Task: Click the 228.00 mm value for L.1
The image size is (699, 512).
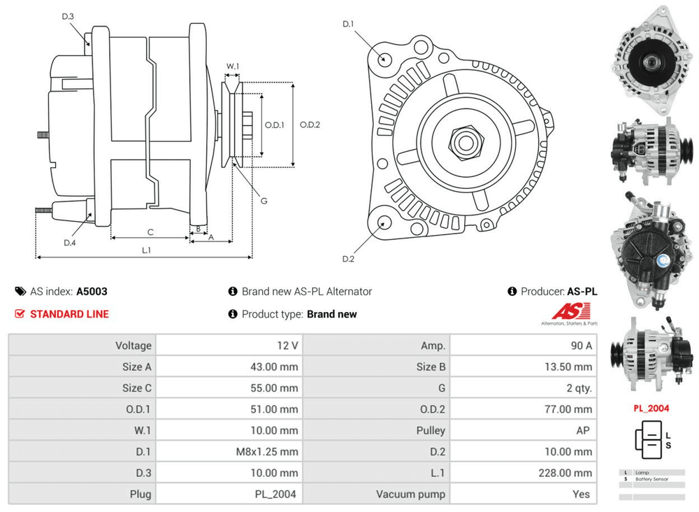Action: coord(565,473)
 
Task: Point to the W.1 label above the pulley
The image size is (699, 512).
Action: coord(233,67)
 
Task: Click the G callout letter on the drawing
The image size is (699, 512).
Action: coord(264,201)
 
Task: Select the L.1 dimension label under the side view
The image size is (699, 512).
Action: coord(147,249)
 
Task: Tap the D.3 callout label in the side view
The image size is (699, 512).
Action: coord(68,17)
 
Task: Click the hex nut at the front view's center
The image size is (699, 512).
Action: coord(463,142)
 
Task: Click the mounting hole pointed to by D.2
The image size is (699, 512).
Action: coord(384,224)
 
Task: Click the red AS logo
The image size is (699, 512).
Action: coord(570,311)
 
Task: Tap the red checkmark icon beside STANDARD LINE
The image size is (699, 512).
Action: coord(20,314)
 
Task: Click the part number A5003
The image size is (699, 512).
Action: coord(92,292)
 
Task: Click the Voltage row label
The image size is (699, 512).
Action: coord(134,346)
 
